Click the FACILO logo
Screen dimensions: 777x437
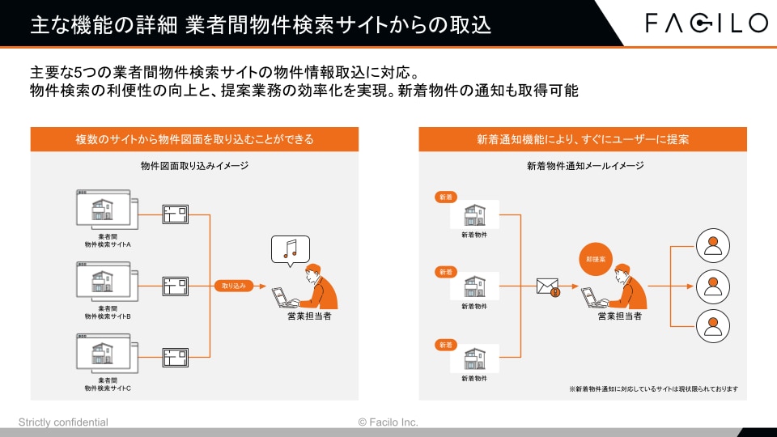(707, 23)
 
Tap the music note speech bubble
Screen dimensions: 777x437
(291, 251)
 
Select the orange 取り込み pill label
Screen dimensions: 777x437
(234, 286)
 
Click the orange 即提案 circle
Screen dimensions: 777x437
(596, 259)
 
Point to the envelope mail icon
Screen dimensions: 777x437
(548, 286)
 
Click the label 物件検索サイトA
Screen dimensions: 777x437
(108, 244)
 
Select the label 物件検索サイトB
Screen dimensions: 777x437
(108, 316)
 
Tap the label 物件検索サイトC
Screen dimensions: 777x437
(108, 388)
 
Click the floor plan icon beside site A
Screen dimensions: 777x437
(176, 214)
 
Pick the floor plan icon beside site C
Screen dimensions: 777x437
(176, 357)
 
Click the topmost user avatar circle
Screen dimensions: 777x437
(712, 246)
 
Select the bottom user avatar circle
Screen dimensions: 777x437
(712, 326)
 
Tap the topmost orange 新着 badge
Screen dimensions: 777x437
(446, 197)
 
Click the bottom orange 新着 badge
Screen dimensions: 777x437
(446, 345)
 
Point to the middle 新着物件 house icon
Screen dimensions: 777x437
(474, 286)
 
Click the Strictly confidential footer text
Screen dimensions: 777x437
(63, 422)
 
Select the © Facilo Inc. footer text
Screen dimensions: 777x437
(388, 422)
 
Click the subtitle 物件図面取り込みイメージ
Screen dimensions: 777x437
(194, 166)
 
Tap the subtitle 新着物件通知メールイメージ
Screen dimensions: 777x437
(585, 166)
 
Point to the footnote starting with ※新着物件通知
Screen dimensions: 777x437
(654, 389)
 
